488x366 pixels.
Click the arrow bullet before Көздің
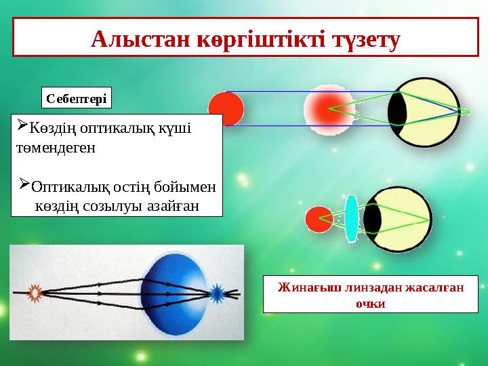coord(20,125)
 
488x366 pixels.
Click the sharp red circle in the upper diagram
coord(226,109)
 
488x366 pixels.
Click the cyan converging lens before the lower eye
coord(350,218)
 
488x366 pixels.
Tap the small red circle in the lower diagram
coord(318,218)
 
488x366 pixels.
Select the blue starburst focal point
coord(217,293)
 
